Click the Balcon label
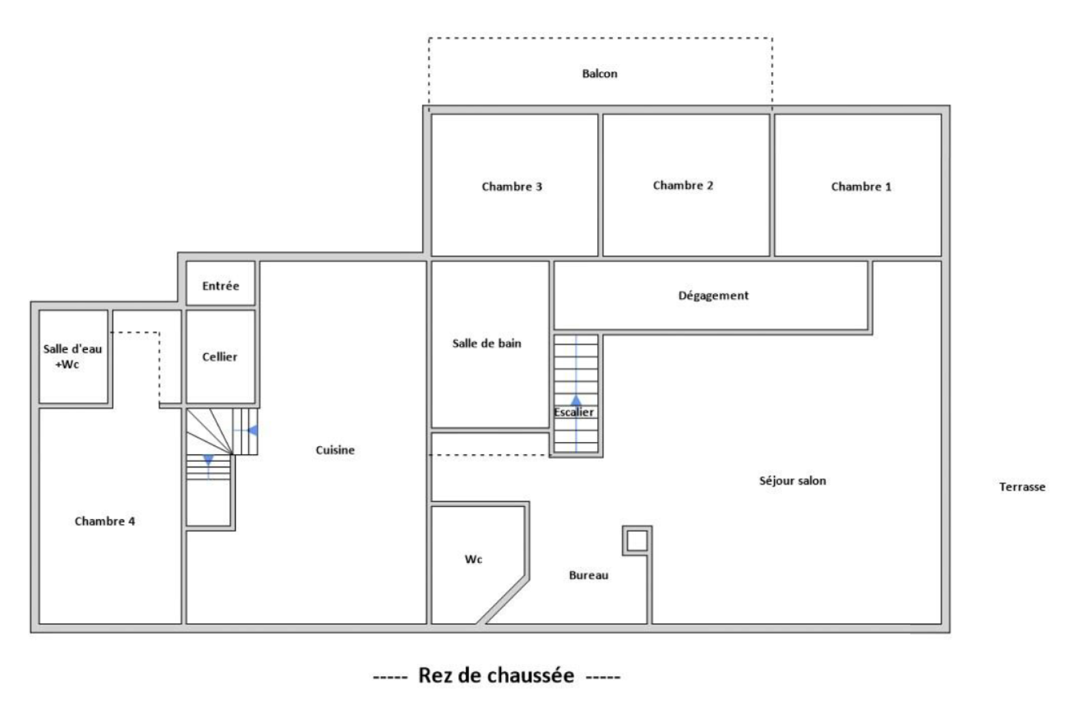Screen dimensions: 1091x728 pyautogui.click(x=599, y=74)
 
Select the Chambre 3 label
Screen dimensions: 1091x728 pyautogui.click(x=512, y=187)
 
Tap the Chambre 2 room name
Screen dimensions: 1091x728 pyautogui.click(x=683, y=185)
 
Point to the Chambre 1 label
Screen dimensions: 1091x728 pyautogui.click(x=861, y=187)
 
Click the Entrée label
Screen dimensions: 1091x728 pyautogui.click(x=221, y=286)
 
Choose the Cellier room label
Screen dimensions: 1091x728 pyautogui.click(x=220, y=357)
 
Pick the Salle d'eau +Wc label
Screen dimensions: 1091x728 pyautogui.click(x=72, y=356)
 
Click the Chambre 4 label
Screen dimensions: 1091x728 pyautogui.click(x=105, y=521)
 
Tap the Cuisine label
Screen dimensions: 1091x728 pyautogui.click(x=335, y=450)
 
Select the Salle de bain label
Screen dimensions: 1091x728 pyautogui.click(x=487, y=344)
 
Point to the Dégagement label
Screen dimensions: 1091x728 pyautogui.click(x=713, y=295)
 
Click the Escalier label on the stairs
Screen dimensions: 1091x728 pyautogui.click(x=573, y=412)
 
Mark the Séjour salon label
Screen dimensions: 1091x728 pyautogui.click(x=792, y=481)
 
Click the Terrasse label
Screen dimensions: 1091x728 pyautogui.click(x=1022, y=486)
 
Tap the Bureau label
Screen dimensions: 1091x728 pyautogui.click(x=588, y=575)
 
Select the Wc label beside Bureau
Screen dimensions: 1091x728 pyautogui.click(x=473, y=559)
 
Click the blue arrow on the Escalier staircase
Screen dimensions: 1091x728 pyautogui.click(x=576, y=400)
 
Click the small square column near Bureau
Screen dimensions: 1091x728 pyautogui.click(x=637, y=540)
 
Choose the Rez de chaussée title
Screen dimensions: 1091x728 pyautogui.click(x=496, y=675)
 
